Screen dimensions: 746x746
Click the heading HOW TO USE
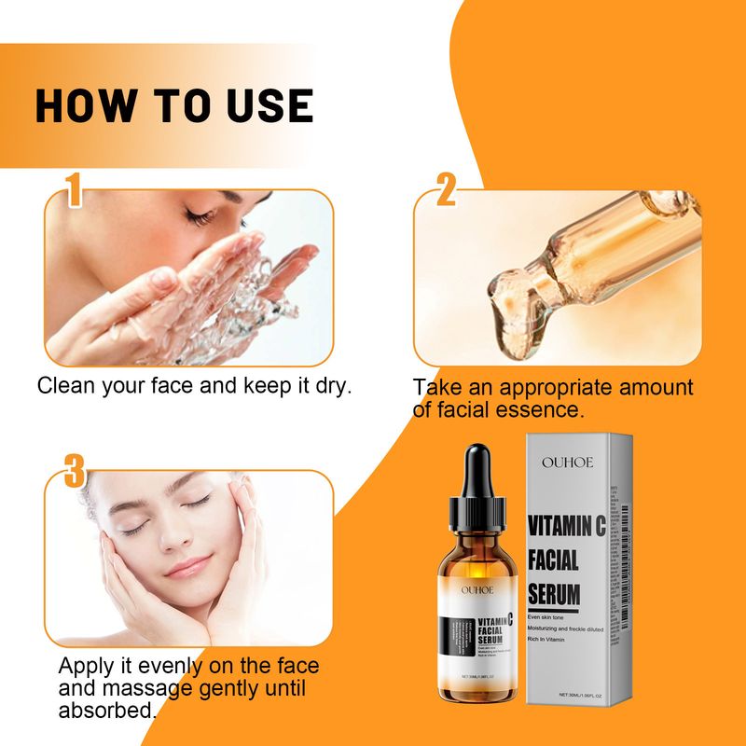173,105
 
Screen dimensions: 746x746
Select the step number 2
446,192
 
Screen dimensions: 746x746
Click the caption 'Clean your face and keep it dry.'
194,385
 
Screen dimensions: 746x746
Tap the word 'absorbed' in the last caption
104,710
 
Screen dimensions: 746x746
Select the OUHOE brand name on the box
566,462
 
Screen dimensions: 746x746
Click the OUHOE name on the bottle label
479,588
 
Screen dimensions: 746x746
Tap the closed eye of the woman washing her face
199,217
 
